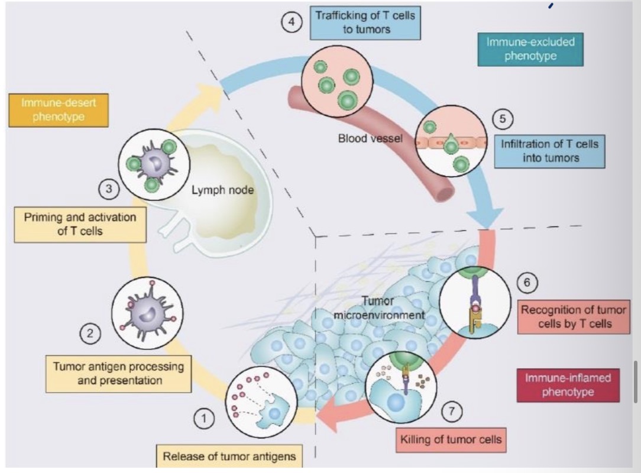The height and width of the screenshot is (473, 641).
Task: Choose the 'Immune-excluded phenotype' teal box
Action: (x=530, y=49)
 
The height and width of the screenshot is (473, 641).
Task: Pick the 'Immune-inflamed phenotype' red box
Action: (x=568, y=385)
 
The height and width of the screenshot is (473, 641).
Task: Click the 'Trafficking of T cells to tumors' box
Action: (x=365, y=22)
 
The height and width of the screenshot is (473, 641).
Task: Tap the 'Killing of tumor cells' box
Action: (x=450, y=439)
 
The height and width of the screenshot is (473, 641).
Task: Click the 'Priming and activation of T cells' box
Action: (x=80, y=224)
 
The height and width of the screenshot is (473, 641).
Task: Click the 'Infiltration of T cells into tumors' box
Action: (x=549, y=151)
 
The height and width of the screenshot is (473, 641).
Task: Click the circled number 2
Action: (x=90, y=333)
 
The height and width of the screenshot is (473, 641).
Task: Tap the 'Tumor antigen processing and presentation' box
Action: (x=119, y=373)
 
